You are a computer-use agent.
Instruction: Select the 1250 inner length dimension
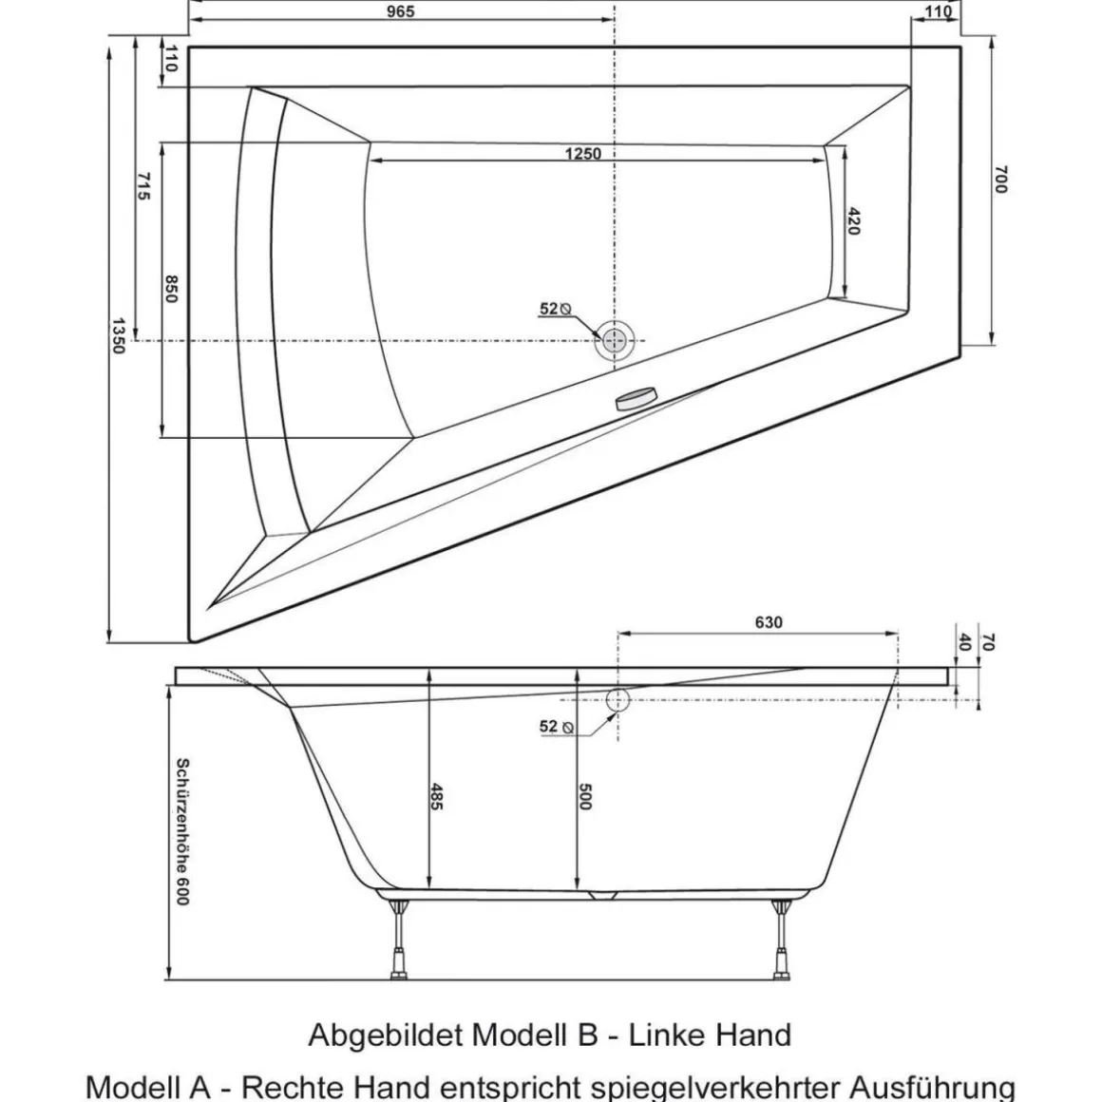point(582,153)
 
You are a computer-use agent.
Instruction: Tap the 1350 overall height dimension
point(119,335)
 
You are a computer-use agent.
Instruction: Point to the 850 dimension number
point(172,289)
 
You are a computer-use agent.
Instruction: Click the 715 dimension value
point(143,185)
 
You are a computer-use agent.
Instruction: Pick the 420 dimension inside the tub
point(852,220)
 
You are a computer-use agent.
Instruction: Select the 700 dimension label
point(999,180)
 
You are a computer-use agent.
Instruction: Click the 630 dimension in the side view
point(769,622)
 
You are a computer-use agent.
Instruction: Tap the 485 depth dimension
point(437,796)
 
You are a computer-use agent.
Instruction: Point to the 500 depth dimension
point(584,796)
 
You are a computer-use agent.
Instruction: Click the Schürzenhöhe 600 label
point(181,830)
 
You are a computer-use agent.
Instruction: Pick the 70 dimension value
point(987,642)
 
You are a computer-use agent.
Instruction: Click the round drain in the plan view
point(615,340)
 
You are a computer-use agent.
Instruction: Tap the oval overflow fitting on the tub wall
point(636,397)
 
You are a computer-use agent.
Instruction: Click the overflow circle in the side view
point(617,700)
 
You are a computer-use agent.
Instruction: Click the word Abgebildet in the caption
point(384,1035)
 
